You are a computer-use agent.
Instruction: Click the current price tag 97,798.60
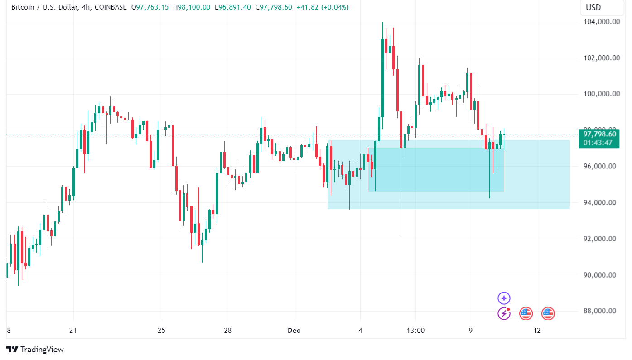click(x=599, y=134)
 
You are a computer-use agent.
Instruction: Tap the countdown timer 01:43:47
click(x=598, y=143)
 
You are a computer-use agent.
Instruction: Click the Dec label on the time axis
click(x=294, y=331)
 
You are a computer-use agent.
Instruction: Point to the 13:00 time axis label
click(x=415, y=331)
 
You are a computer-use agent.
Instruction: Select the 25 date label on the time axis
click(x=162, y=331)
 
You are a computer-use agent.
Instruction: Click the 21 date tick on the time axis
click(x=73, y=331)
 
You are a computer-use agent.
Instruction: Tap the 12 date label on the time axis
click(x=537, y=331)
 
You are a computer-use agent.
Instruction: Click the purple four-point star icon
click(x=504, y=298)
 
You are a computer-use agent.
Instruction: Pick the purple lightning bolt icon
click(x=504, y=313)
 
